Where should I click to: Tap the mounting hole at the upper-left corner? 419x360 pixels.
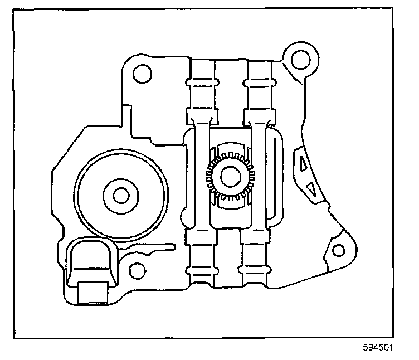pos(143,73)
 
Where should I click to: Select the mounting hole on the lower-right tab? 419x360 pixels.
pos(339,250)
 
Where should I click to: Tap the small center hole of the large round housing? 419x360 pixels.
pos(121,196)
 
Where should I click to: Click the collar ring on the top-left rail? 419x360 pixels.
pos(202,82)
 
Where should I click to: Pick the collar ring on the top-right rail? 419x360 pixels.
pos(259,82)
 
